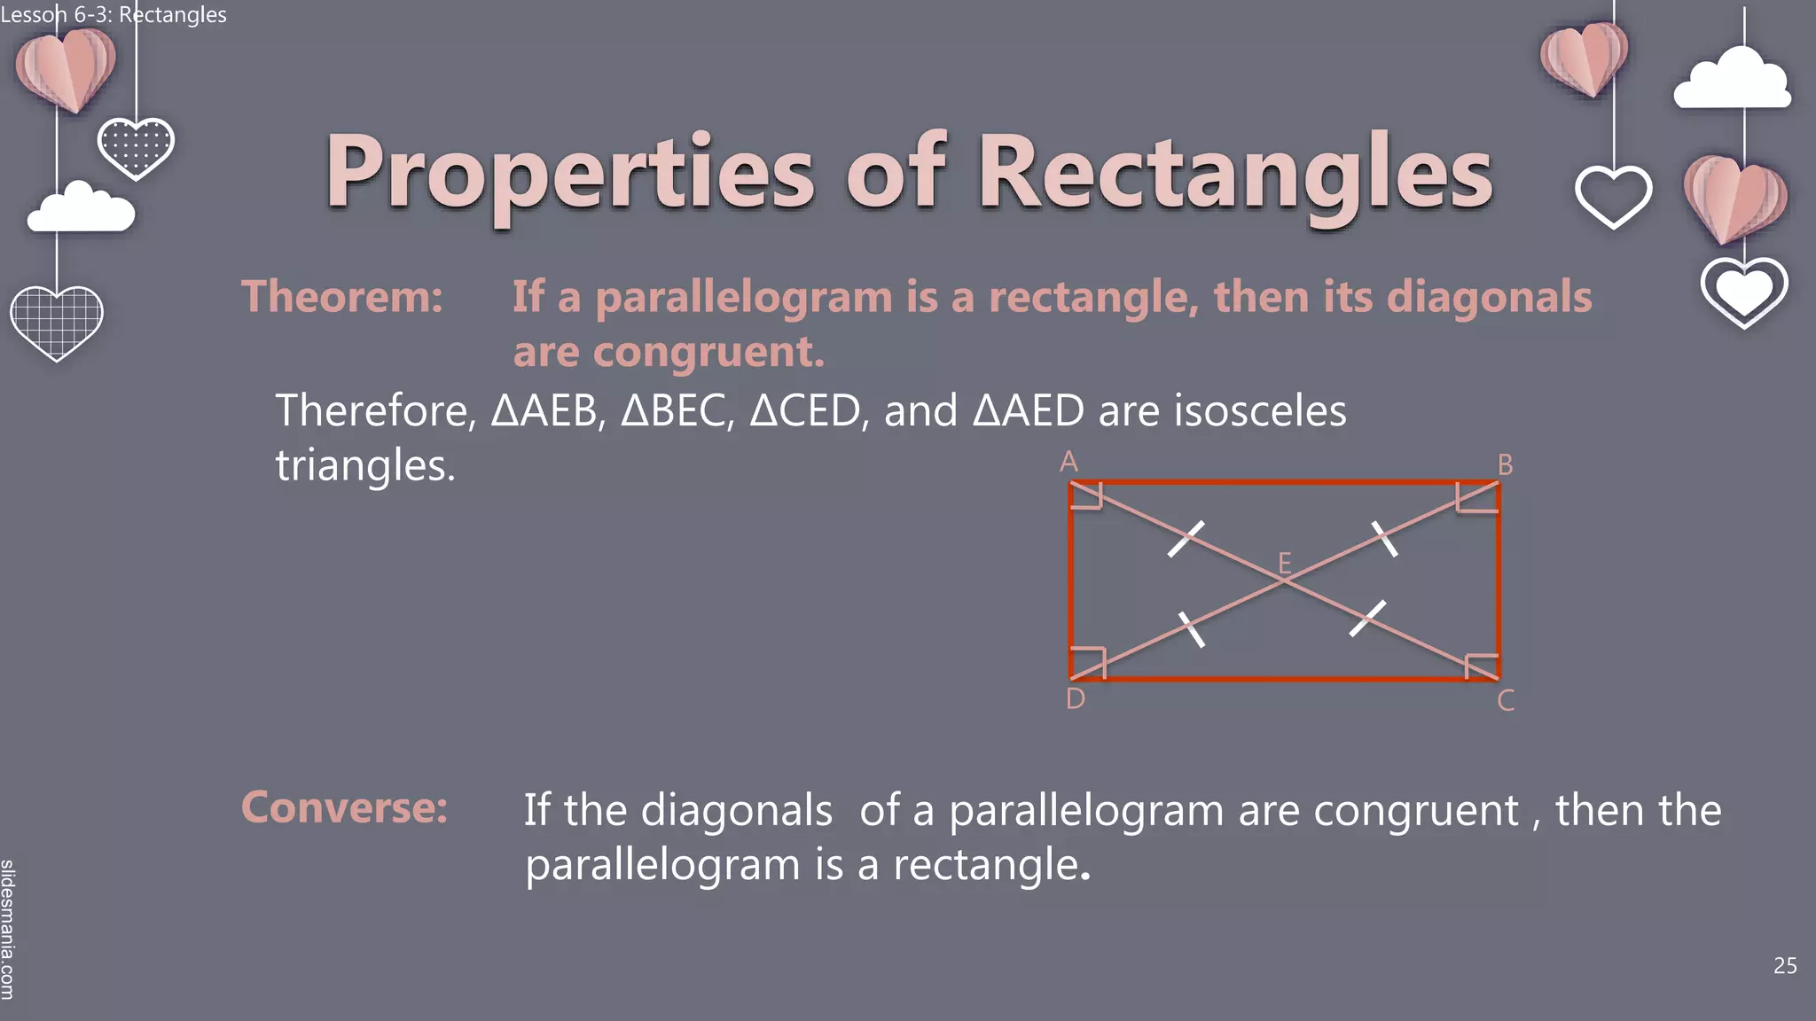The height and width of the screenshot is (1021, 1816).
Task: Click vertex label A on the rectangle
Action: click(1068, 462)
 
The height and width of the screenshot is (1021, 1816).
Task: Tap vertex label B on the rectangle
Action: click(1505, 464)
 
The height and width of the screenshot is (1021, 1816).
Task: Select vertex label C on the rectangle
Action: click(1506, 701)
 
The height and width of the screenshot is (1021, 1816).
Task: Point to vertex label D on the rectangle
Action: click(1075, 699)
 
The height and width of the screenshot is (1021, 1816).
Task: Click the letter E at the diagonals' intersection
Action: click(1284, 562)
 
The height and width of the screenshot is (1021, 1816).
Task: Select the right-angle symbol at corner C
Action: click(1482, 666)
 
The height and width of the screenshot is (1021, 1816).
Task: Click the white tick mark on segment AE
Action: click(1186, 538)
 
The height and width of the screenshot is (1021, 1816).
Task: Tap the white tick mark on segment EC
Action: click(1367, 618)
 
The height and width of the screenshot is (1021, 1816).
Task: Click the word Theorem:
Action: click(341, 296)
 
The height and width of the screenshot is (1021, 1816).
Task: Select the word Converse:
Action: click(344, 807)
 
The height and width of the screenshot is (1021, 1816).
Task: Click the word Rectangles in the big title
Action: click(1234, 172)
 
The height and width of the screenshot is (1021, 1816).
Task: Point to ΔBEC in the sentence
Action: click(677, 411)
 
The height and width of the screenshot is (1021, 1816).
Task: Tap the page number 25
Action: click(1784, 966)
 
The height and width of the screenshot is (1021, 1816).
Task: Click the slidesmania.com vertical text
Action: click(8, 929)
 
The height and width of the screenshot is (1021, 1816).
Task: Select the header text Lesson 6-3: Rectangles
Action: click(113, 14)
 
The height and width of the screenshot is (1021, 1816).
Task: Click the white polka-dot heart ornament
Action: click(136, 146)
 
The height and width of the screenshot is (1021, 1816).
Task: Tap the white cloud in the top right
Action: click(1732, 81)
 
